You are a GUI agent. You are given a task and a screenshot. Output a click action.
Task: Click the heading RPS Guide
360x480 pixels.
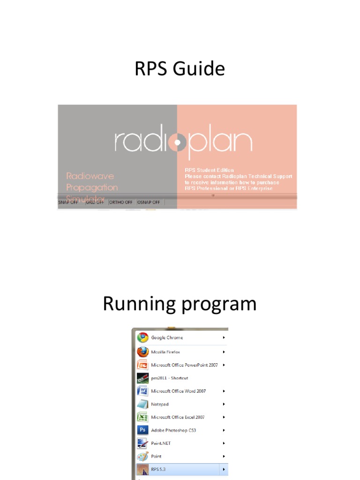[180, 69]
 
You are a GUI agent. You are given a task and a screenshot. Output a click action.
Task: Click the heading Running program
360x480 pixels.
[180, 304]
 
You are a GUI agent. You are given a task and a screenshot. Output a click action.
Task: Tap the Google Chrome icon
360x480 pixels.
[142, 337]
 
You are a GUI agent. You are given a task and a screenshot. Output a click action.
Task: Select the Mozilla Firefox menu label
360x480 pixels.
[165, 352]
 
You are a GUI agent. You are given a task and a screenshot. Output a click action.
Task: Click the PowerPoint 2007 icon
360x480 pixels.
[142, 365]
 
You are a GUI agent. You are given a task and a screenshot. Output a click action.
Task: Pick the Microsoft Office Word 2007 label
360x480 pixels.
[178, 391]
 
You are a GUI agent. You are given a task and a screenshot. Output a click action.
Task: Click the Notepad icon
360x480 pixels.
[142, 404]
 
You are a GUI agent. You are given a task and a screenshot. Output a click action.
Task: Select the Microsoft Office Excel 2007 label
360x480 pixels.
[178, 417]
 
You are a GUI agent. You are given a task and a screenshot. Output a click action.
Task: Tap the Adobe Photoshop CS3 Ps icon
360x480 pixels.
[142, 430]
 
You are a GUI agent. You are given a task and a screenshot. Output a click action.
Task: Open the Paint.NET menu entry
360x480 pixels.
[161, 443]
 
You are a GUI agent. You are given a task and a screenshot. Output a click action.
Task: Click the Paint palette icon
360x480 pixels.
[142, 456]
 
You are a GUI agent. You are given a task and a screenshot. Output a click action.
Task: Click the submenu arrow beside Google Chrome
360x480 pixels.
[224, 337]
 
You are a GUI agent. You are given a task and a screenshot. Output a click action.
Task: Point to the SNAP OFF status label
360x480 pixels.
[68, 202]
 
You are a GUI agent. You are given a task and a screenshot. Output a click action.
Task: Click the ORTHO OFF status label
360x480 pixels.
[120, 202]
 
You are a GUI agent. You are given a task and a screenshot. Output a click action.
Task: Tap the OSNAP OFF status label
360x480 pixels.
[149, 202]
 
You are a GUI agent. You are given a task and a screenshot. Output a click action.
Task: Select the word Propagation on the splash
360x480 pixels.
[92, 187]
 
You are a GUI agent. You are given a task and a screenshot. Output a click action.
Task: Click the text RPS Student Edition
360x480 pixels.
[209, 170]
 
